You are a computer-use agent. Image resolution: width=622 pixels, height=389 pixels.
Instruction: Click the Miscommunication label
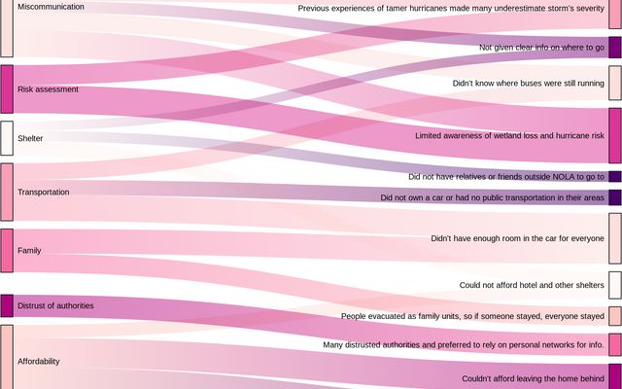[51, 7]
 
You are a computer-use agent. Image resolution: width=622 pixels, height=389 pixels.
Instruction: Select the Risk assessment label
[48, 89]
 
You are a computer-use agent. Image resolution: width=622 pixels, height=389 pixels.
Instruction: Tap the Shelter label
[30, 138]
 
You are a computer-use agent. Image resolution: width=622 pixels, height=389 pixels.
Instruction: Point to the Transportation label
[44, 193]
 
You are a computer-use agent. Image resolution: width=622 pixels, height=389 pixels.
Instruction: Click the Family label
[29, 251]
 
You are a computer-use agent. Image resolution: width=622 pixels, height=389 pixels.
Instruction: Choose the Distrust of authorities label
[55, 305]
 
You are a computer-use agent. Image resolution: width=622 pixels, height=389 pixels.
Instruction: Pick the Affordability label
[39, 361]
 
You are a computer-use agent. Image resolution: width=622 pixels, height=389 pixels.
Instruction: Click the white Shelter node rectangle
[7, 138]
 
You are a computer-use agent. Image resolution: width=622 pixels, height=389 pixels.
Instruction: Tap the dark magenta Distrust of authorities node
[7, 305]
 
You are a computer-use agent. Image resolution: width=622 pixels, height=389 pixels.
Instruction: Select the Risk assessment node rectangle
[7, 89]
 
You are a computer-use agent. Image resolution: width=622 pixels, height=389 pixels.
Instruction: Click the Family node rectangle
[7, 250]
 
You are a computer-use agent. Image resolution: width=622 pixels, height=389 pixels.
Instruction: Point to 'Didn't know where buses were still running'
[528, 84]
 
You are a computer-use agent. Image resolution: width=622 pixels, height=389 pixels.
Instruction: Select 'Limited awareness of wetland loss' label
[509, 135]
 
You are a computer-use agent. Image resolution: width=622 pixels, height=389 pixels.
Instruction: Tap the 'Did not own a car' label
[492, 197]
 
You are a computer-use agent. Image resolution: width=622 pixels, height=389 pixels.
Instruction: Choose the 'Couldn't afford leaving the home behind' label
[533, 378]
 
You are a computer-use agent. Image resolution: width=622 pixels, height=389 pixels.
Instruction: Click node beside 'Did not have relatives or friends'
[614, 176]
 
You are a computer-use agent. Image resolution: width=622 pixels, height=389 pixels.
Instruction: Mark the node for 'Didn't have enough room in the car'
[614, 238]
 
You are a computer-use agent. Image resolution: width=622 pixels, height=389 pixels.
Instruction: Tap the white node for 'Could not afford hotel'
[614, 285]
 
